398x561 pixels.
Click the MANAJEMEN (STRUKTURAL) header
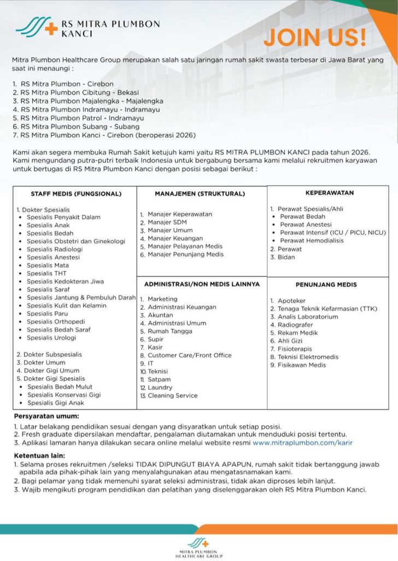tap(200, 193)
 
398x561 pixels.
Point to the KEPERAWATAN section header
tap(329, 193)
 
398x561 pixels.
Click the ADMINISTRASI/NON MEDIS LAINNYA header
tap(202, 284)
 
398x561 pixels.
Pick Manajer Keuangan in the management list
tap(175, 238)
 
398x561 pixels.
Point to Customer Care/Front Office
tap(189, 355)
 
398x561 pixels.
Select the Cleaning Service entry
tap(172, 396)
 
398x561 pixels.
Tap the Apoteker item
tap(291, 301)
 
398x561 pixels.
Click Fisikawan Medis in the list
tap(301, 365)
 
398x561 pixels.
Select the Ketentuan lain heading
tap(39, 455)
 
